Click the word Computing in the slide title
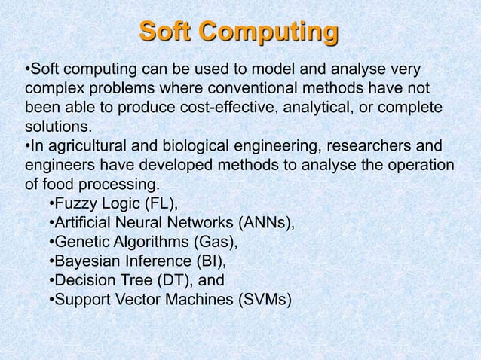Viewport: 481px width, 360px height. pyautogui.click(x=271, y=33)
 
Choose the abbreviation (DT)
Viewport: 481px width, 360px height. pyautogui.click(x=173, y=282)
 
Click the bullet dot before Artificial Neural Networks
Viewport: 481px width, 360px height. pyautogui.click(x=50, y=224)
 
